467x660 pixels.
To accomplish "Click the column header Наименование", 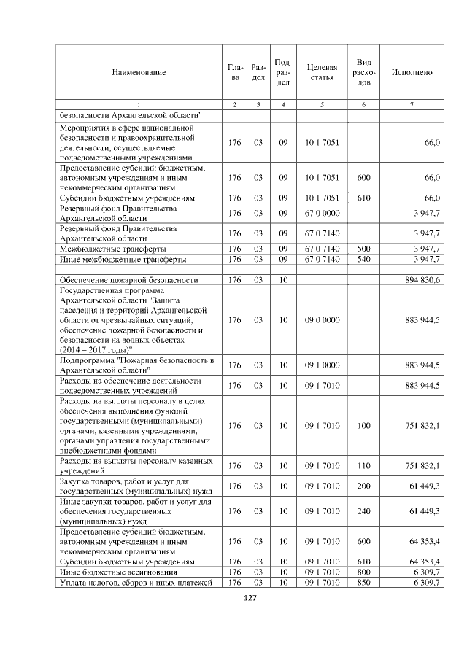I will pos(139,72).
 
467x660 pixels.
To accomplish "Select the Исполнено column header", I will pos(412,72).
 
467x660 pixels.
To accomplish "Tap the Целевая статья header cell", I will pos(322,72).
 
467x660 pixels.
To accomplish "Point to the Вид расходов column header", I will pos(363,72).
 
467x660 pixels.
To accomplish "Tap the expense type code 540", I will pos(363,259).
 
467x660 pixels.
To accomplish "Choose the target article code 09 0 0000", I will pos(322,319).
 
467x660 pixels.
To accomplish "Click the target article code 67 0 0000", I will pos(322,213).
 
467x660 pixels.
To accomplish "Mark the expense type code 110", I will pos(363,465).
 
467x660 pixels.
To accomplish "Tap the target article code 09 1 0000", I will pos(322,365).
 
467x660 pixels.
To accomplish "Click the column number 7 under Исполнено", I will pos(412,105).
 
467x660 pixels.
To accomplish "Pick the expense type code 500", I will pos(363,249).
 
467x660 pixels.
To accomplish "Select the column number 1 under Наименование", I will pos(139,105).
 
